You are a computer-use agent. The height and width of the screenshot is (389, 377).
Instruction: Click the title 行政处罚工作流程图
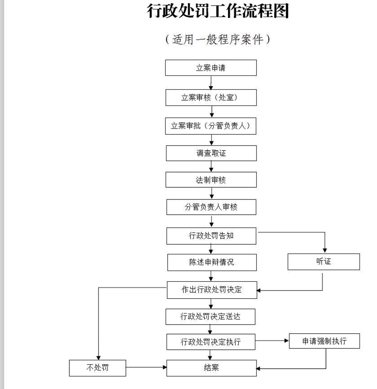click(x=218, y=11)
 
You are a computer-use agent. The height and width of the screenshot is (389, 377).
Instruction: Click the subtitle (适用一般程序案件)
click(x=218, y=40)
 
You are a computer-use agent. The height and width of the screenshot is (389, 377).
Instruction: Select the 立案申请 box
click(x=211, y=68)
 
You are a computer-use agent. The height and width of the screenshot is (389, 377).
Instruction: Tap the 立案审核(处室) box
click(x=211, y=98)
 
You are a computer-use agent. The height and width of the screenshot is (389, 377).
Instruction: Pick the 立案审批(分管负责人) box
click(x=211, y=126)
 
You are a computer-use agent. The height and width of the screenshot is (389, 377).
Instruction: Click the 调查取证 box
click(x=211, y=153)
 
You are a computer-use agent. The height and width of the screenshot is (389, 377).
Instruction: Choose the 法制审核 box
click(x=211, y=180)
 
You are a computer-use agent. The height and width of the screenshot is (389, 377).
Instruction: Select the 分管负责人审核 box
click(x=211, y=207)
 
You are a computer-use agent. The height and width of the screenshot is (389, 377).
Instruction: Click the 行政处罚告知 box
click(x=211, y=236)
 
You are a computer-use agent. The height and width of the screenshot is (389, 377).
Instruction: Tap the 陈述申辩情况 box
click(x=211, y=262)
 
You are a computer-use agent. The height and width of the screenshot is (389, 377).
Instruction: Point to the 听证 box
click(x=323, y=262)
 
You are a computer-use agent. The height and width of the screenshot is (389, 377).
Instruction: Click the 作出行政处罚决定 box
click(x=212, y=289)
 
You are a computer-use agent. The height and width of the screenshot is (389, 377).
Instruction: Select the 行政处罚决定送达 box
click(x=211, y=316)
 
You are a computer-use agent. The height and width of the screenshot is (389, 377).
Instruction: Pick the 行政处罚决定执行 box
click(x=211, y=342)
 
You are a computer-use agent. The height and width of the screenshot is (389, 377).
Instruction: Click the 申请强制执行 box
click(x=324, y=341)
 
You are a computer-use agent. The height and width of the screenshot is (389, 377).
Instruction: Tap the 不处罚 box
click(x=97, y=368)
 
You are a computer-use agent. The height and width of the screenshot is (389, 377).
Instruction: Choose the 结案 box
click(x=211, y=368)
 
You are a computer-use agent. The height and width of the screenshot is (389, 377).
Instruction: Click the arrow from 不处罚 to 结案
click(x=146, y=368)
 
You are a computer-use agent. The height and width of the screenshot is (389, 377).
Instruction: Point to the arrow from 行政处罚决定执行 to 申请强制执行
click(x=272, y=341)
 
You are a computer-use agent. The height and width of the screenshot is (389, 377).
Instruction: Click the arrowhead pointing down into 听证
click(x=324, y=250)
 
